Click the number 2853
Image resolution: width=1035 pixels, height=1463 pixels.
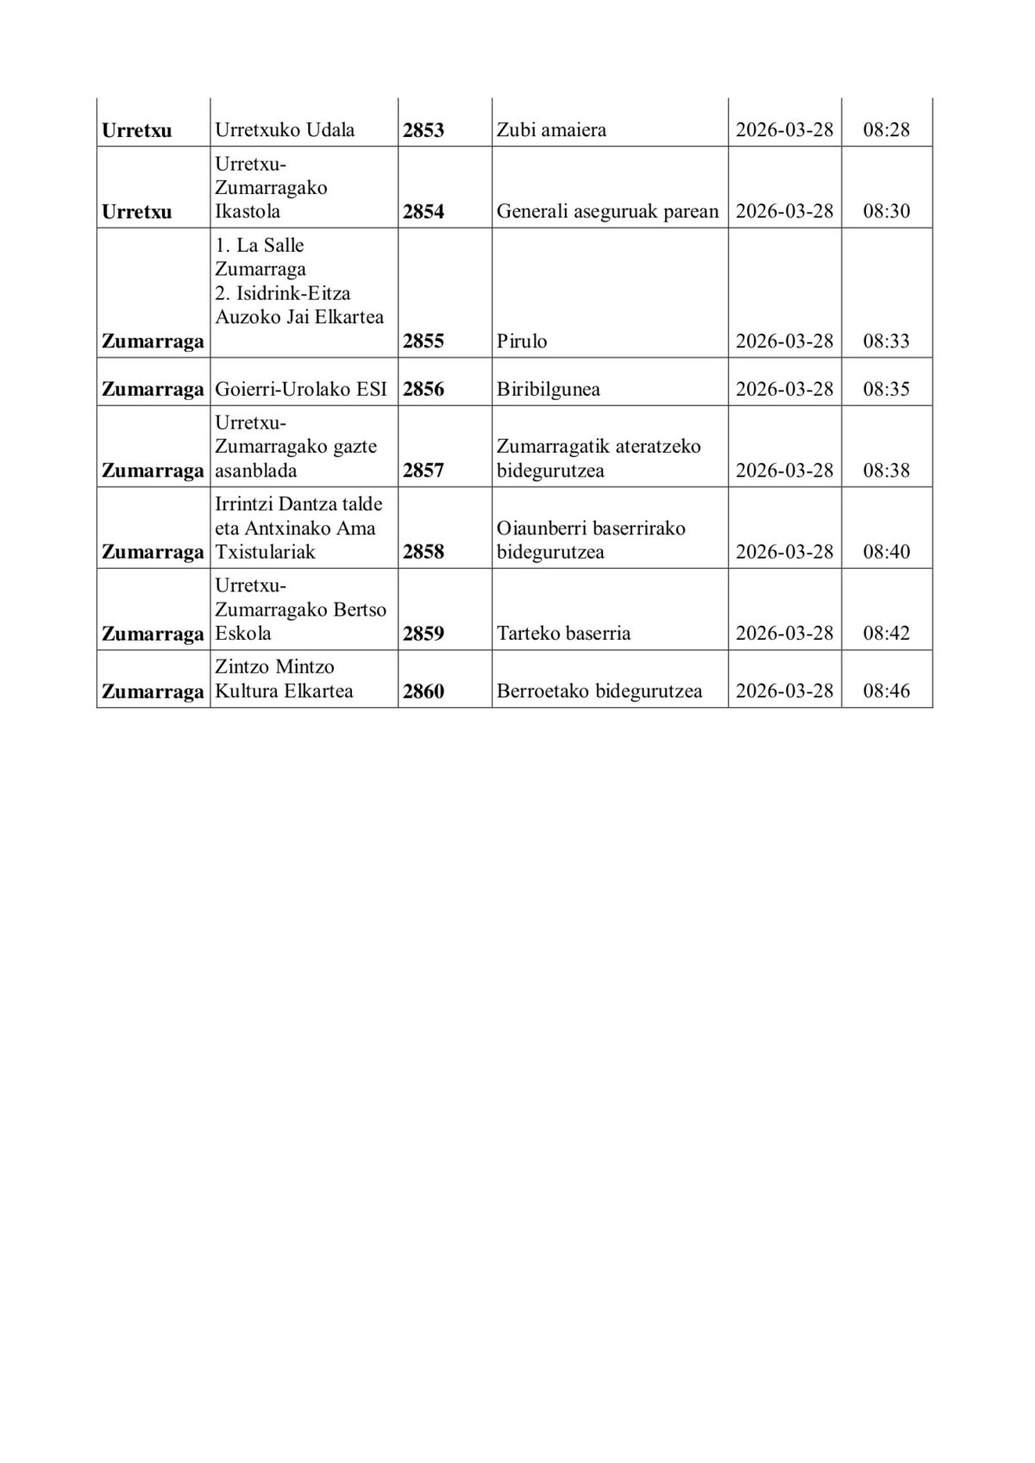tap(423, 130)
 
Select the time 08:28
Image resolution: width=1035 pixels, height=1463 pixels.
tap(887, 130)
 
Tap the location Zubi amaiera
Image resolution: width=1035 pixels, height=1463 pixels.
tap(551, 130)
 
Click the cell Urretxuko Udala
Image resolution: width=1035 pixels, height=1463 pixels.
tap(285, 130)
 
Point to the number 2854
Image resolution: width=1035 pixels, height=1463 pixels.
tap(423, 211)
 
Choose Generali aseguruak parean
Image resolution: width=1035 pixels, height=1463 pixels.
tap(607, 211)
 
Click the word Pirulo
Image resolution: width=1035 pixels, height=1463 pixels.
tap(522, 341)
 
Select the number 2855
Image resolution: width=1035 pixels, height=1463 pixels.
tap(423, 341)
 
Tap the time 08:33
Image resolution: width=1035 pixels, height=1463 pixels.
tap(887, 341)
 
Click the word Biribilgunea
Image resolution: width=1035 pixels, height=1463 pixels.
tap(548, 389)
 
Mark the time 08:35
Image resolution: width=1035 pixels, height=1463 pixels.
tap(887, 389)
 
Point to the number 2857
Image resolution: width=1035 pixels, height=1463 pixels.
tap(423, 471)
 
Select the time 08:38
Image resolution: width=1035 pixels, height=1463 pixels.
tap(887, 471)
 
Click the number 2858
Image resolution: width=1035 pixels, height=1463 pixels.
tap(423, 552)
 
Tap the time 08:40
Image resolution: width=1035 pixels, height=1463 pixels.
tap(887, 552)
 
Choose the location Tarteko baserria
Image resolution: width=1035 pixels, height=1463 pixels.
tap(563, 634)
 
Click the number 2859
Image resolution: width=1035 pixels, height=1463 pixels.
tap(423, 634)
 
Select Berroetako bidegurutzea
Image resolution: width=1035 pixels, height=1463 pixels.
tap(599, 691)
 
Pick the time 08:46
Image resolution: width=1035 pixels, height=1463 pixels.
tap(887, 691)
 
